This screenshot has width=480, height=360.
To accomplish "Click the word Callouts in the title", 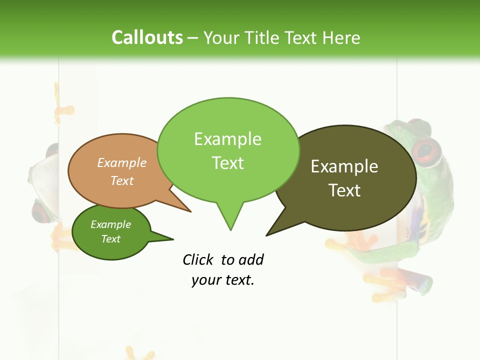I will (147, 37).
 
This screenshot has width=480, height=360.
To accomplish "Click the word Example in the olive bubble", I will (344, 166).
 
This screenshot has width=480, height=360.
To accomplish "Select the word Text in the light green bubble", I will (228, 163).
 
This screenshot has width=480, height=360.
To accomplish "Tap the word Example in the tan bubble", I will (122, 162).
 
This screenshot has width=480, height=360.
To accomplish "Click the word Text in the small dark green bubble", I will (111, 239).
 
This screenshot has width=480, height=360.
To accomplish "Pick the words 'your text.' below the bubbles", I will (223, 280).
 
